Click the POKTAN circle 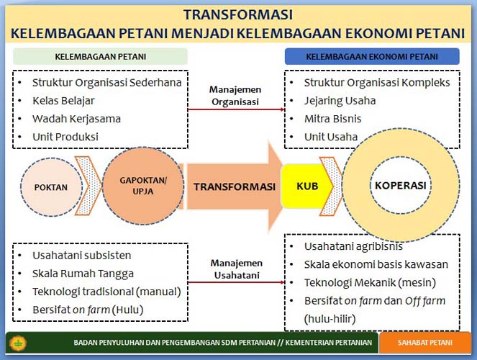pyautogui.click(x=51, y=187)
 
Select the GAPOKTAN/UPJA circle pyautogui.click(x=143, y=186)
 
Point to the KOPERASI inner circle pyautogui.click(x=400, y=185)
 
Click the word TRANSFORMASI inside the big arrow pyautogui.click(x=235, y=186)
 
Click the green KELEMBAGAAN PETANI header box pyautogui.click(x=100, y=57)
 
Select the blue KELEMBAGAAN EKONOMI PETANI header pyautogui.click(x=372, y=57)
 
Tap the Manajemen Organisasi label pyautogui.click(x=235, y=96)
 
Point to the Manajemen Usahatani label pyautogui.click(x=237, y=269)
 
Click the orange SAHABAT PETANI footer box pyautogui.click(x=425, y=343)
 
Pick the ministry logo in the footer pyautogui.click(x=18, y=343)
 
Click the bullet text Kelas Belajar pyautogui.click(x=63, y=101)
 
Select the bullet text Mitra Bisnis pyautogui.click(x=333, y=119)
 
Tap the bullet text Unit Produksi pyautogui.click(x=65, y=137)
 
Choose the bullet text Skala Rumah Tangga pyautogui.click(x=83, y=274)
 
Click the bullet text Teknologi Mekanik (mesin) pyautogui.click(x=370, y=283)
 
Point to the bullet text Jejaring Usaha pyautogui.click(x=340, y=101)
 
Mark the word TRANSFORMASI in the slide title pyautogui.click(x=238, y=14)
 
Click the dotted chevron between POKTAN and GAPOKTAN pyautogui.click(x=88, y=186)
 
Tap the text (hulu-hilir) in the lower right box pyautogui.click(x=330, y=319)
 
